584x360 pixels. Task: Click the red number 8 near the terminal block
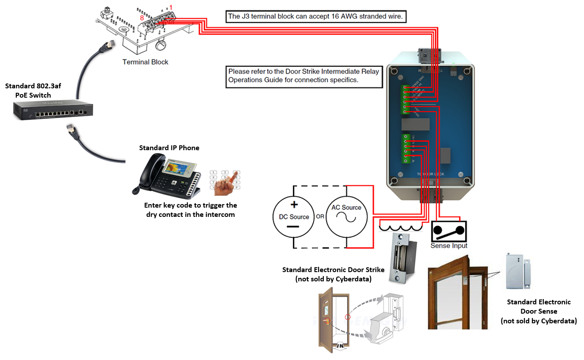point(142,18)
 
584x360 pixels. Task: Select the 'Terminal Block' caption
point(145,62)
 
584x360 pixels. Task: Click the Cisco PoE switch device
point(53,111)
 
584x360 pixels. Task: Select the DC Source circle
point(294,217)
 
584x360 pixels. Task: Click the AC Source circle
point(347,217)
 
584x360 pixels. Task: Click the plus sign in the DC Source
point(294,205)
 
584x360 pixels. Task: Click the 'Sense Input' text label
point(449,246)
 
